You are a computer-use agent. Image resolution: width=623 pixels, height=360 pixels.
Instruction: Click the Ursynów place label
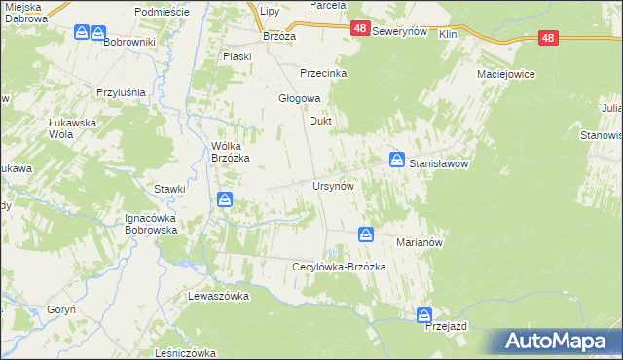332,185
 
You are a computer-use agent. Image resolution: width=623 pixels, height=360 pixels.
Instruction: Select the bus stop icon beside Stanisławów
397,159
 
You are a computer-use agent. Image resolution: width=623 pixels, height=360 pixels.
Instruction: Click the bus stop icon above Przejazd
424,315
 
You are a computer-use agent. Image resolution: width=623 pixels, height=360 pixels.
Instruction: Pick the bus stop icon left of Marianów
366,234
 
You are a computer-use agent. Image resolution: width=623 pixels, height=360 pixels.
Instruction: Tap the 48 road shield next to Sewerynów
360,30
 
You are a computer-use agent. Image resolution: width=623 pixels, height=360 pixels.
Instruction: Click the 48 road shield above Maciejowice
549,38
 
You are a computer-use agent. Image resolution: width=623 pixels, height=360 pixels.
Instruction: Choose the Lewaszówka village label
219,295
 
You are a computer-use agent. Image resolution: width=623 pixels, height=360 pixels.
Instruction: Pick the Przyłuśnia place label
121,92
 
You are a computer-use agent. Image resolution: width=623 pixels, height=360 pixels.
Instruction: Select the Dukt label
321,122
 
